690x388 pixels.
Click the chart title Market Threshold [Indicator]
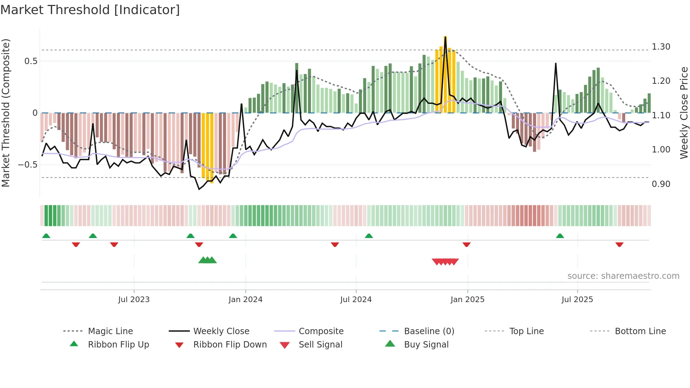90,10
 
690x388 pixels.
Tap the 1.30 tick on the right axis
661,47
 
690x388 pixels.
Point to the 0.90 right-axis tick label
661,184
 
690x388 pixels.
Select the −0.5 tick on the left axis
27,165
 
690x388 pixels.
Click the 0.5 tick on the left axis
31,61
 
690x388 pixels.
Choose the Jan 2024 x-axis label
245,300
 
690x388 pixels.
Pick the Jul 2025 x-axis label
577,300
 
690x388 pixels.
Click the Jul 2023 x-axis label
134,300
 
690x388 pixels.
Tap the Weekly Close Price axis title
684,113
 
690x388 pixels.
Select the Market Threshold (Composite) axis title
6,113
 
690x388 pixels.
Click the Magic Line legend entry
110,331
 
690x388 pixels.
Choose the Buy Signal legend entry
426,345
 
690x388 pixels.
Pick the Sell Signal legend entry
320,345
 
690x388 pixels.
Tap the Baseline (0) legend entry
429,331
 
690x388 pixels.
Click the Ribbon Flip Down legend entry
230,345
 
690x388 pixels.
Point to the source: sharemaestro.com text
623,276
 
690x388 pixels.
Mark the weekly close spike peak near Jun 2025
556,64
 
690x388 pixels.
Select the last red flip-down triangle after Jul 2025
619,245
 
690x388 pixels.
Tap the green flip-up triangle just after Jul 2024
369,236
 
